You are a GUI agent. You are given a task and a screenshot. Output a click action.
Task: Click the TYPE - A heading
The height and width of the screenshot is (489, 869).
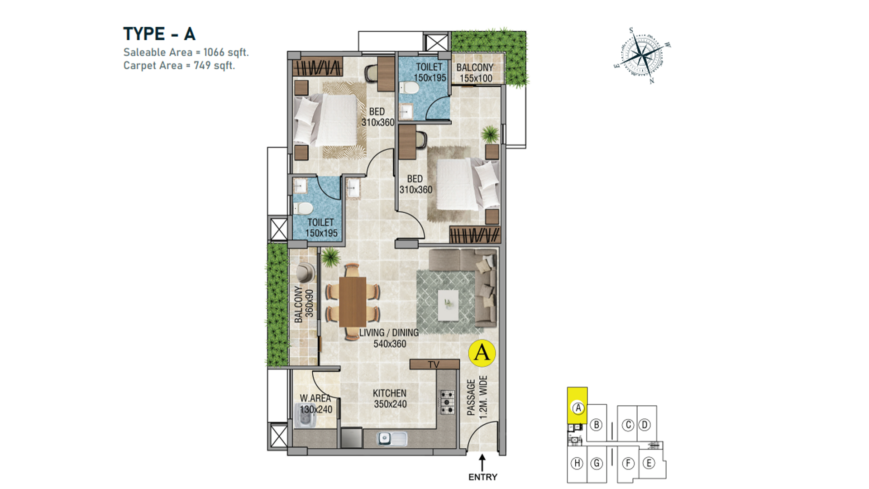coord(159,34)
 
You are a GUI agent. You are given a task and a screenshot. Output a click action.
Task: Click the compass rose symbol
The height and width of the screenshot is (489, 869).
coord(642,56)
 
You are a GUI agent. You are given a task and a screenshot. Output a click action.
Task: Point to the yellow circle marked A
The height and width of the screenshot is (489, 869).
coord(482,353)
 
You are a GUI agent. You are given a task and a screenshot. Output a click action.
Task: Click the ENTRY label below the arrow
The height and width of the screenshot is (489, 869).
coord(482,477)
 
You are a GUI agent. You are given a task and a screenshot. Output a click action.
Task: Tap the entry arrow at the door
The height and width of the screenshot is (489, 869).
coord(482,462)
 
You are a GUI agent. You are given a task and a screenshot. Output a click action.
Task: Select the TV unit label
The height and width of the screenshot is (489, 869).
coord(434,364)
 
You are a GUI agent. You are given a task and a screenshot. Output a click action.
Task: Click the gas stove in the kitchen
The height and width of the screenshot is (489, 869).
coord(447,402)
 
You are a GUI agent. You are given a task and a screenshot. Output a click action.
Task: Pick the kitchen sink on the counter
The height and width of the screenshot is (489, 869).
coord(392,438)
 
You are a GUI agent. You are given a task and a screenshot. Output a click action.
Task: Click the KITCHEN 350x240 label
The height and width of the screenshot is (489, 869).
coord(390,398)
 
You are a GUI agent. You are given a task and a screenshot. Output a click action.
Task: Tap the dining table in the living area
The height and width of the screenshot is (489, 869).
coord(353,301)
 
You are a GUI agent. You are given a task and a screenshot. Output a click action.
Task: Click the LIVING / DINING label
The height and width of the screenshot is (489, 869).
coord(389,333)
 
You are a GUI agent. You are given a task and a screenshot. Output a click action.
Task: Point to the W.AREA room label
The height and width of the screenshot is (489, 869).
coord(315,398)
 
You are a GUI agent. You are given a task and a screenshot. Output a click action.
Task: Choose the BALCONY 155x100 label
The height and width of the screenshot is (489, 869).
coord(475,73)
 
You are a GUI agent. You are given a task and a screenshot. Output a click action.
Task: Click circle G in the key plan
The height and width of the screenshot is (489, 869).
coord(597,463)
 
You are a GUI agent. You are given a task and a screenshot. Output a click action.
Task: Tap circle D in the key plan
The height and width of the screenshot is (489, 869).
coord(645,425)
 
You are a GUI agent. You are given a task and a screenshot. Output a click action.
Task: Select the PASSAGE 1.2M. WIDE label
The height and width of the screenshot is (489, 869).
coord(477,398)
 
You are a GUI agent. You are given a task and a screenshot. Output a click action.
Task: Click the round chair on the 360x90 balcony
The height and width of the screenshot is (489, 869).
coord(306,272)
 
